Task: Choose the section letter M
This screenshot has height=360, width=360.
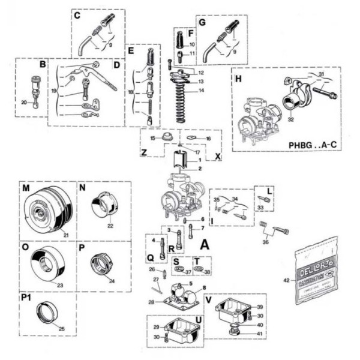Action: [26, 188]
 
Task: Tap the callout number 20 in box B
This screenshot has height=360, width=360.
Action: [24, 103]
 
